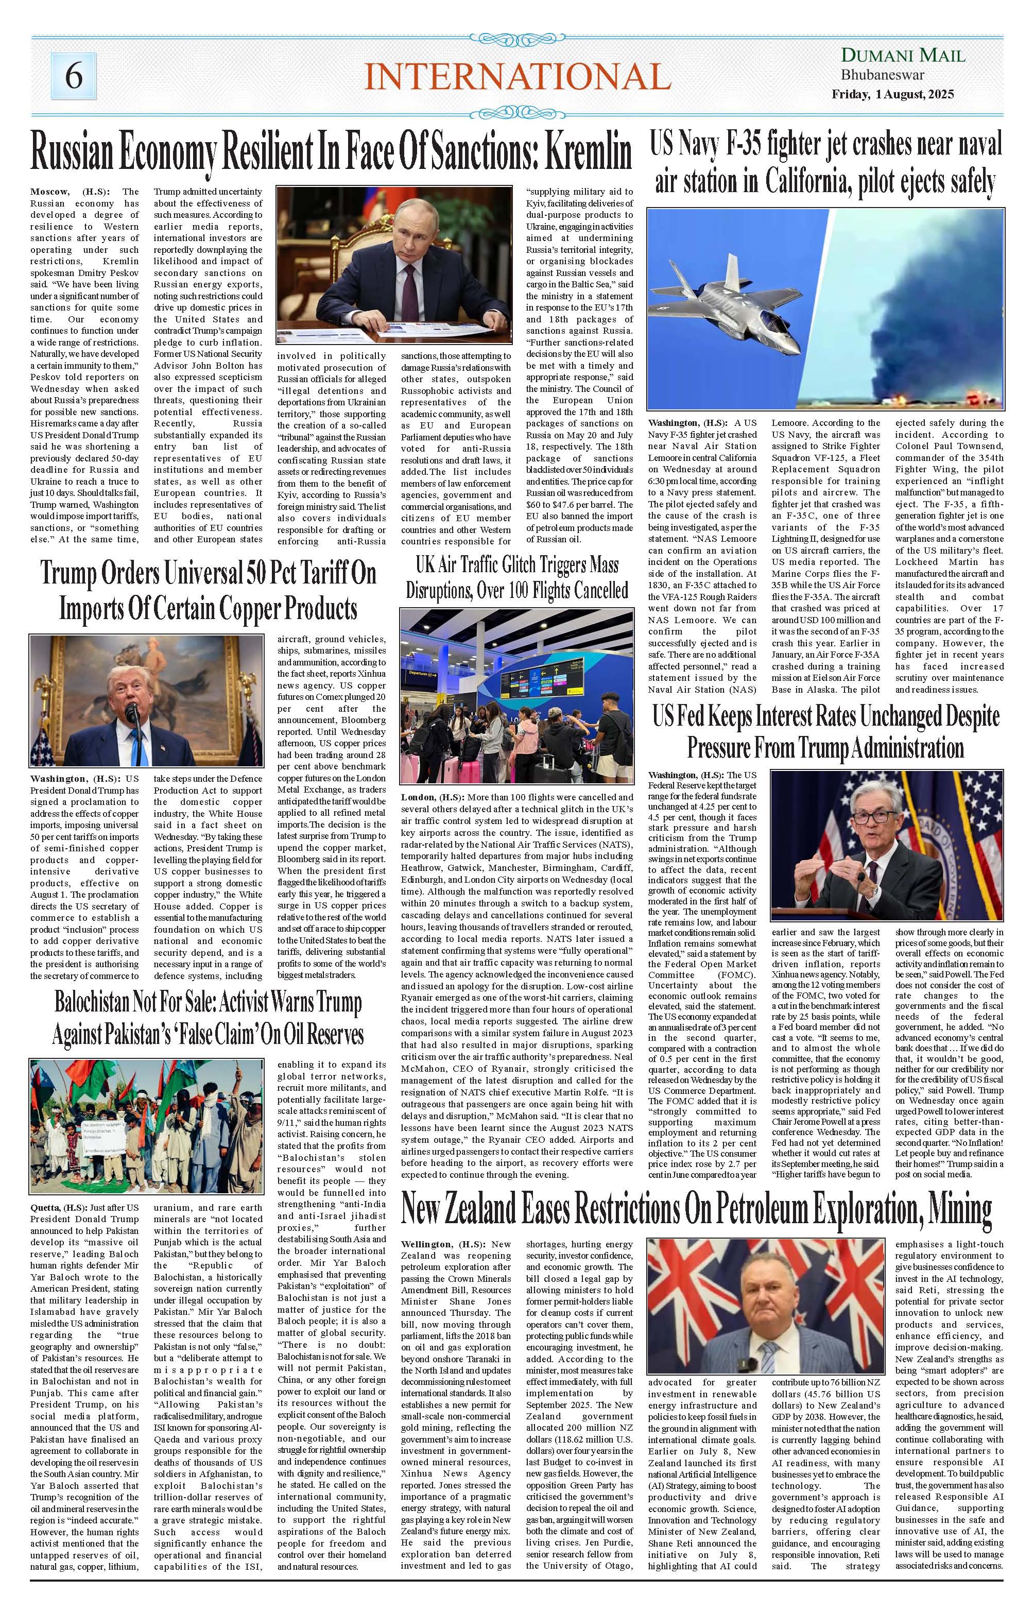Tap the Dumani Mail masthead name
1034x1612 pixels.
[x=903, y=56]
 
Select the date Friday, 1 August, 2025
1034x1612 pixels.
[x=892, y=95]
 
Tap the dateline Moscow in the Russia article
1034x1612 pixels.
[x=49, y=192]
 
